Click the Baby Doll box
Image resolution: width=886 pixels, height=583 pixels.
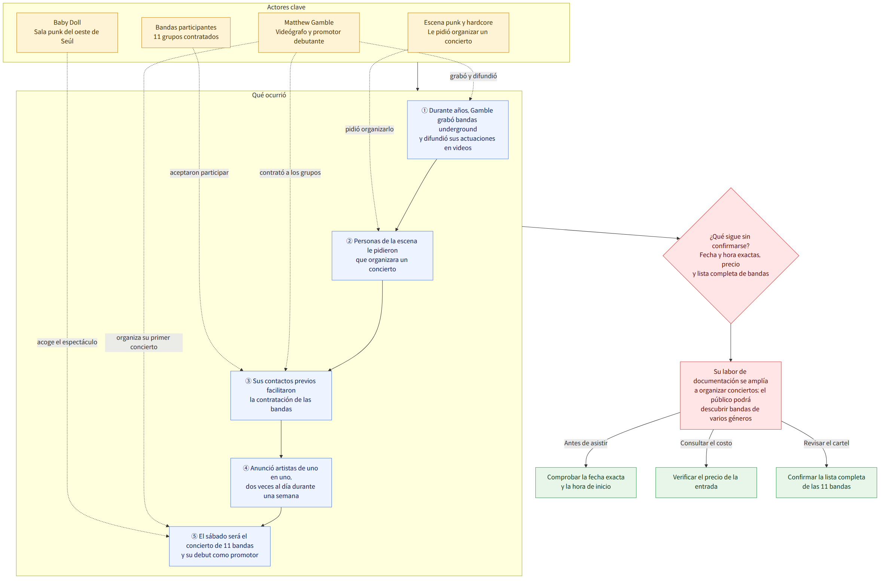point(67,33)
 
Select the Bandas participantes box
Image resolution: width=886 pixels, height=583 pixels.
point(186,33)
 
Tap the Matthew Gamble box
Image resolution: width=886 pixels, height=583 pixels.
point(309,33)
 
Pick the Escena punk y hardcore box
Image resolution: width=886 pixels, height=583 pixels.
point(458,33)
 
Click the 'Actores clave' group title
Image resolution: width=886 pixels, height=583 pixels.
point(286,7)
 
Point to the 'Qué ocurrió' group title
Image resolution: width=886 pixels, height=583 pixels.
point(269,95)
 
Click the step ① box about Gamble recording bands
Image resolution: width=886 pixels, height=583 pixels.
point(458,129)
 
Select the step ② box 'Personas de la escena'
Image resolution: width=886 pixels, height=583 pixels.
point(382,256)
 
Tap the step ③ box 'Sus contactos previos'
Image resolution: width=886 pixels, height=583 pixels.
point(281,396)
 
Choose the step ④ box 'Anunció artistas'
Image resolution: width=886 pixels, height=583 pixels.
point(281,482)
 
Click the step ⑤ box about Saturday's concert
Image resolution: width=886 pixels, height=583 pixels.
point(220,546)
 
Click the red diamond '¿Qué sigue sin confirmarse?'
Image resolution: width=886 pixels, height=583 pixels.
point(731,256)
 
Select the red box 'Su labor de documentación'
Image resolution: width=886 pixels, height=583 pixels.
point(731,395)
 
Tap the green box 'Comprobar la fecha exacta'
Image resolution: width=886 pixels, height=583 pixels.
point(586,482)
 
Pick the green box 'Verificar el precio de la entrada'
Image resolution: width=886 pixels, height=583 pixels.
point(706,482)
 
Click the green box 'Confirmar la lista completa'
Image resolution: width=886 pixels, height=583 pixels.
point(826,482)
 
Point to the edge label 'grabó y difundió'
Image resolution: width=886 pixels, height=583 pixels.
point(473,76)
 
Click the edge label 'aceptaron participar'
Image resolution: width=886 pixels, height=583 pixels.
point(199,173)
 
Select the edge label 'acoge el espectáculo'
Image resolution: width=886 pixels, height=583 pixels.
point(67,342)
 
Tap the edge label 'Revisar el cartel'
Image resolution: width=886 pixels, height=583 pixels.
point(826,443)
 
